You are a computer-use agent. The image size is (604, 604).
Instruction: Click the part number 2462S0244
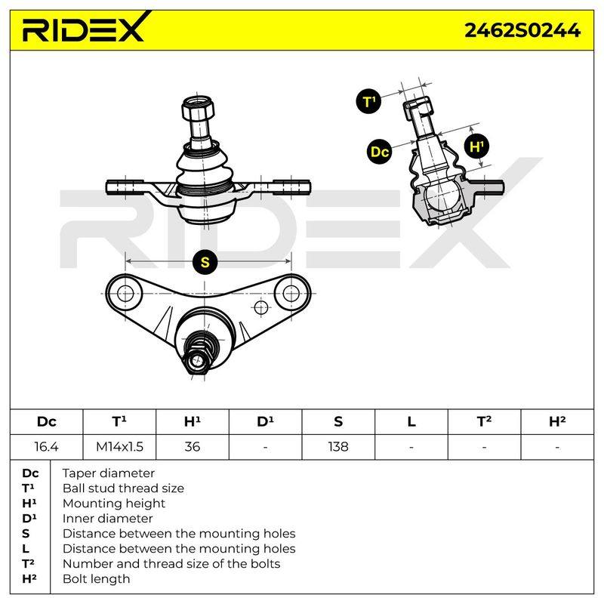(x=522, y=30)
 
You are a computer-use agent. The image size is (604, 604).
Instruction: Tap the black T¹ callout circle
(x=368, y=102)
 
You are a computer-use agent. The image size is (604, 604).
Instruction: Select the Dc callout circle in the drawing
(x=380, y=152)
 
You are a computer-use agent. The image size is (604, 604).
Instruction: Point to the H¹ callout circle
(x=476, y=146)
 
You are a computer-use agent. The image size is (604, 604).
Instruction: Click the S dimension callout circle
(x=205, y=262)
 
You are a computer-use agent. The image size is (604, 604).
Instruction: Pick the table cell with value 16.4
(x=46, y=447)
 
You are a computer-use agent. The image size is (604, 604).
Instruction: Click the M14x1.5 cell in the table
(x=119, y=447)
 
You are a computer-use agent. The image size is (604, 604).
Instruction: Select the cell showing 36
(x=193, y=447)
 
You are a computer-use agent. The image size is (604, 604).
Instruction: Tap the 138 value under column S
(x=338, y=447)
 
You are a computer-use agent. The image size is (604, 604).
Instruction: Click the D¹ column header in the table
(x=266, y=422)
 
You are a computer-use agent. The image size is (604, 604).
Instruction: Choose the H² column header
(x=557, y=422)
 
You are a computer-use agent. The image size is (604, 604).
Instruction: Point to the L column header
(x=411, y=422)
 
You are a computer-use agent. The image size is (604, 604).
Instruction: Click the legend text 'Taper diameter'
(x=108, y=473)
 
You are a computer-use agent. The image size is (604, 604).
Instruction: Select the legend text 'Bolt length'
(x=97, y=579)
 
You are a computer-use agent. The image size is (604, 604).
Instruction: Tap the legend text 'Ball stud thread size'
(x=123, y=488)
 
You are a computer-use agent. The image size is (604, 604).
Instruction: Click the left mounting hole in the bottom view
(x=125, y=294)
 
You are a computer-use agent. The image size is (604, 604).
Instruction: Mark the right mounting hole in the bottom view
(x=291, y=294)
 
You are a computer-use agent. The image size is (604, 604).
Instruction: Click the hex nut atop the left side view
(x=198, y=108)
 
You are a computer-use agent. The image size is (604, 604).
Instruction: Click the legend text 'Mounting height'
(x=114, y=504)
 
